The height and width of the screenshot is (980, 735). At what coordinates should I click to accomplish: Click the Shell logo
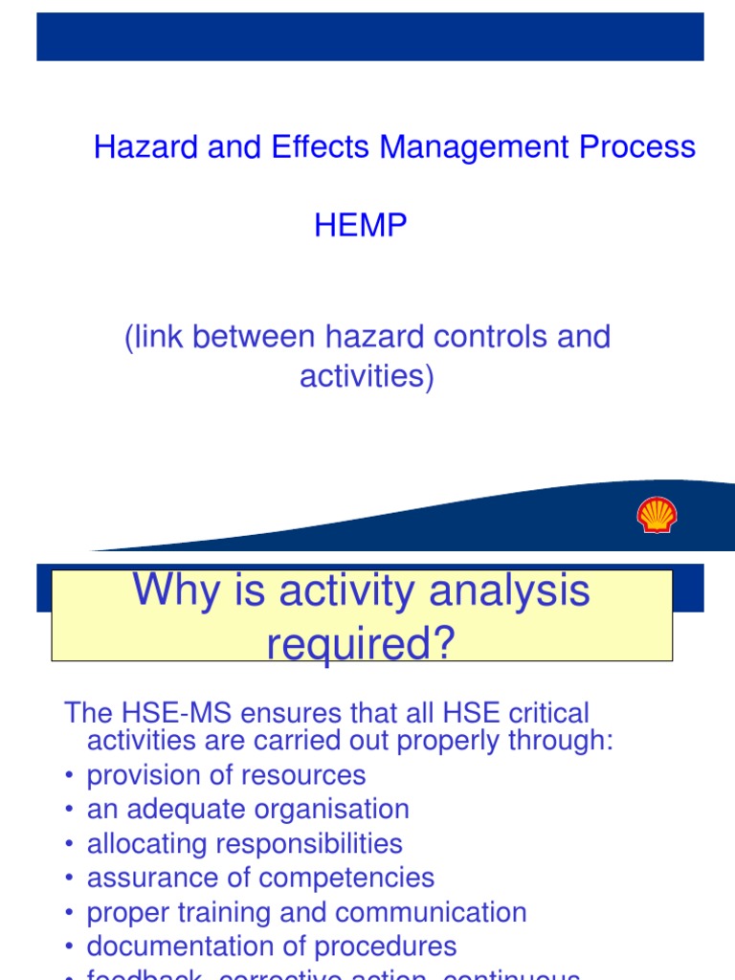pyautogui.click(x=657, y=515)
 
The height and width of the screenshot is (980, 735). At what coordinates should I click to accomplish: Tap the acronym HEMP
pyautogui.click(x=361, y=226)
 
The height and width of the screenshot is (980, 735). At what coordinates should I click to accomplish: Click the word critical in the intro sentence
pyautogui.click(x=550, y=713)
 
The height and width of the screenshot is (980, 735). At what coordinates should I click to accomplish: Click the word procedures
pyautogui.click(x=385, y=947)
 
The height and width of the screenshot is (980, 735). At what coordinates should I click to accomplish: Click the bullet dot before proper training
pyautogui.click(x=70, y=913)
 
